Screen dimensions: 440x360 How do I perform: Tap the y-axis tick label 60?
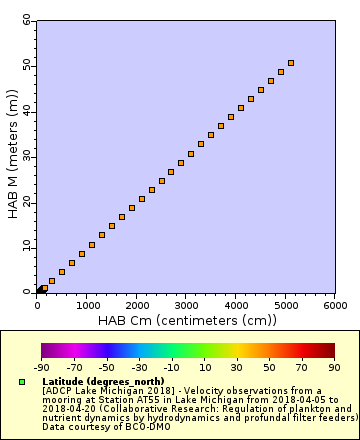click(x=26, y=20)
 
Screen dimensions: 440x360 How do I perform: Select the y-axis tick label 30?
click(x=26, y=156)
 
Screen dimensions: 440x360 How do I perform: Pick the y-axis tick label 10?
click(x=26, y=247)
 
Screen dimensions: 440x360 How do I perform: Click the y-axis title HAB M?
click(x=12, y=155)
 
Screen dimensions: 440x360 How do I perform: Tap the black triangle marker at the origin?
click(x=40, y=290)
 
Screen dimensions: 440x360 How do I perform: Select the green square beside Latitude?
click(x=22, y=381)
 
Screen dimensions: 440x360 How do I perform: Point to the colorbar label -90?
click(x=41, y=367)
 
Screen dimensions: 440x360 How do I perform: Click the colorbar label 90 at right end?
click(x=334, y=367)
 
